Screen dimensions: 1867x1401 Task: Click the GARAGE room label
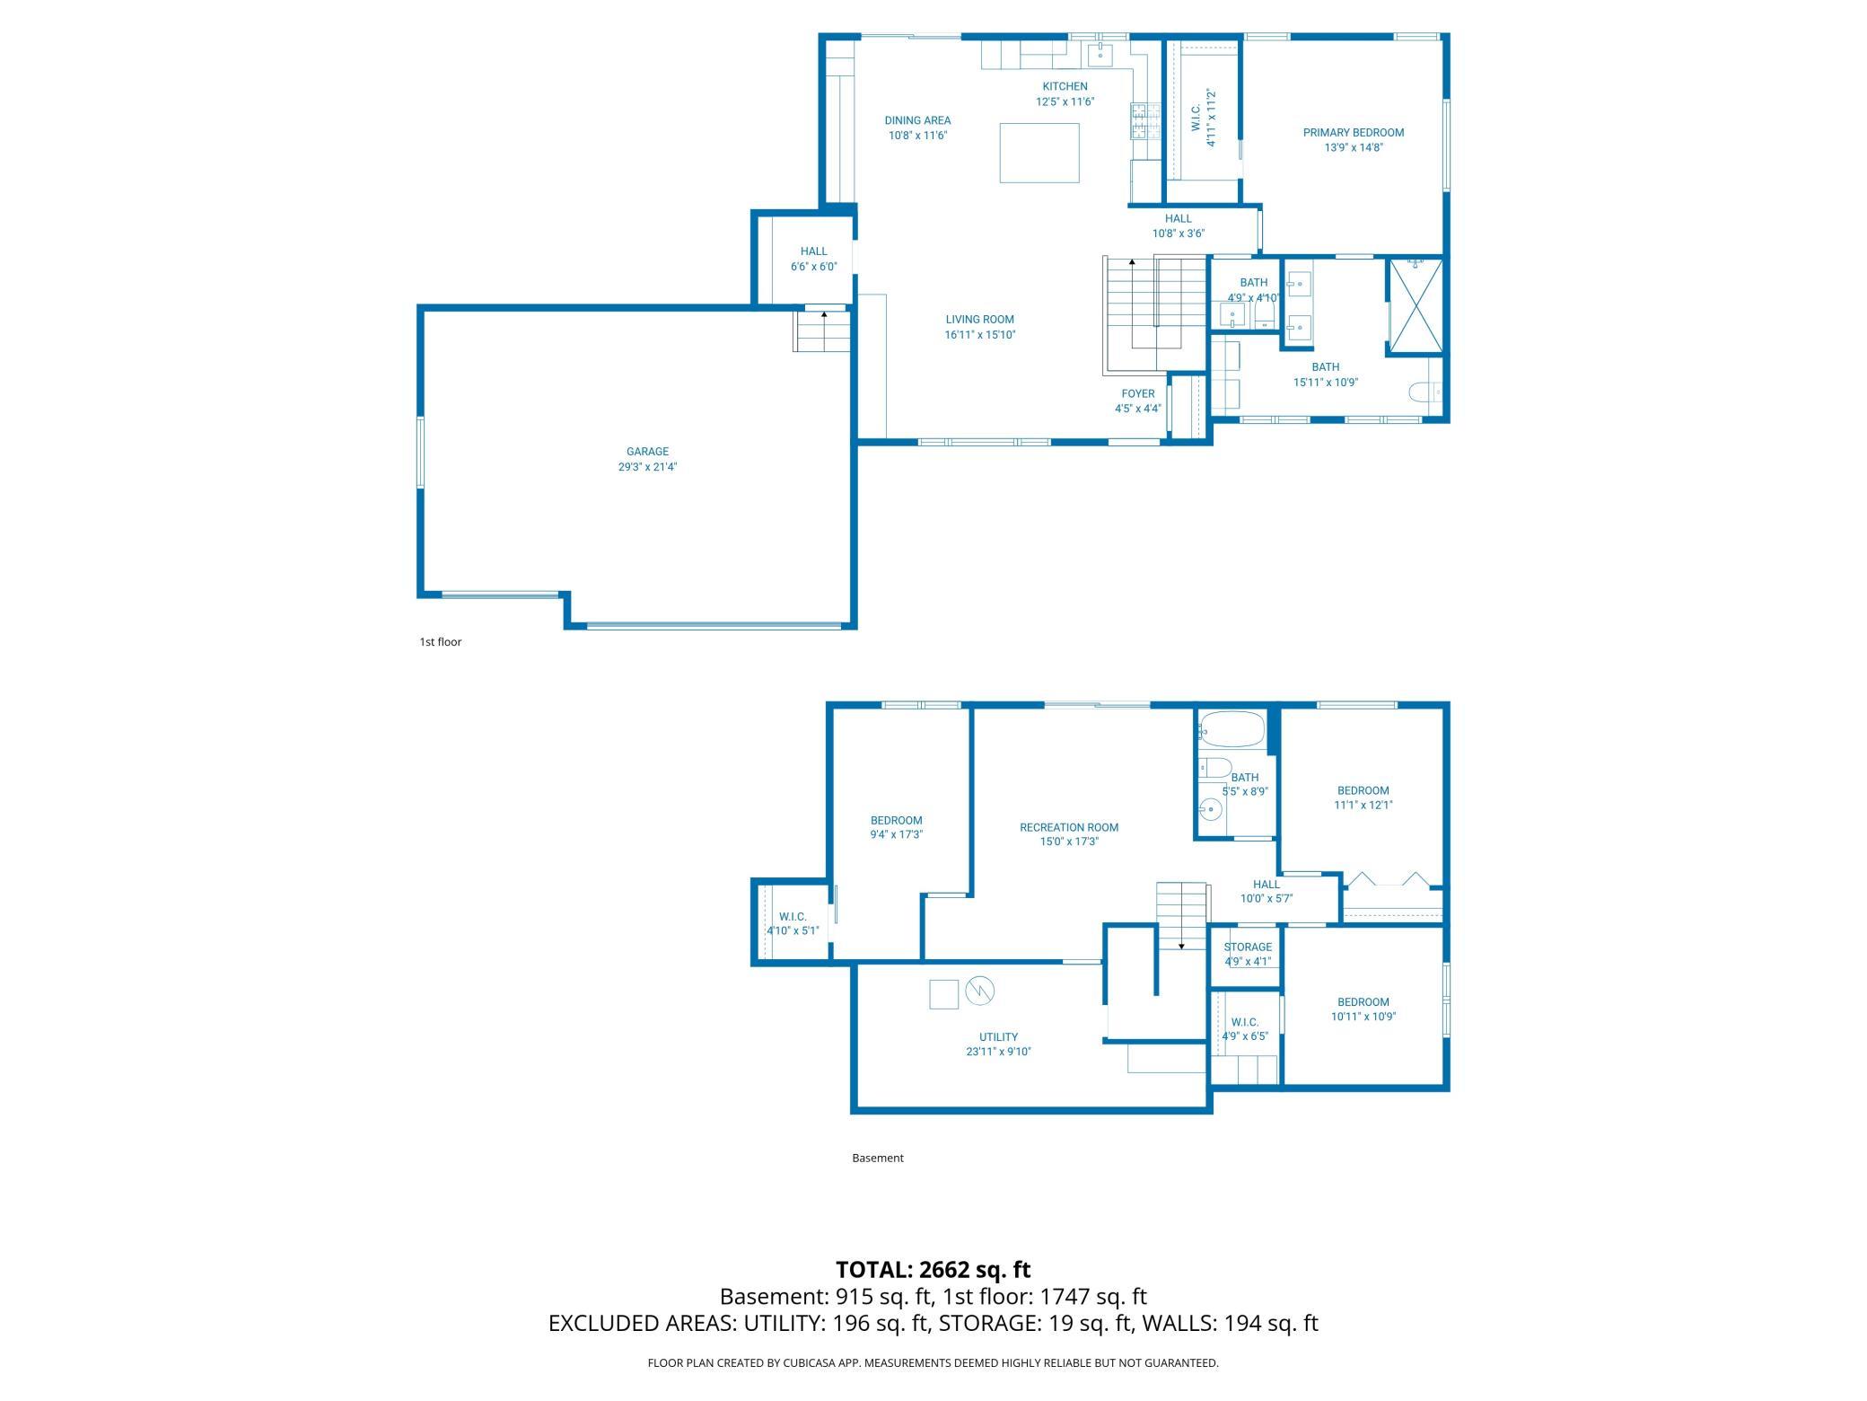647,452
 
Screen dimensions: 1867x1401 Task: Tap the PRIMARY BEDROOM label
1354,133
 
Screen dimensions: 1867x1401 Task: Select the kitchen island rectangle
1039,153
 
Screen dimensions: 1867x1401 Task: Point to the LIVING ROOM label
979,320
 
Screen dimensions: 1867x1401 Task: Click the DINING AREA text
917,120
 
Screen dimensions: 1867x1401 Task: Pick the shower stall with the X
1416,306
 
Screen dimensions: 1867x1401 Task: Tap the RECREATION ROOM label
1069,828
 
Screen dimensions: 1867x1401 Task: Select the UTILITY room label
998,1037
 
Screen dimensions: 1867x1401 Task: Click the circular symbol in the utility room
980,991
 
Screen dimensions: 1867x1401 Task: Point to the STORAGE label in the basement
1248,947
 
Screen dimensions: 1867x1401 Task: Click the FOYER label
1138,393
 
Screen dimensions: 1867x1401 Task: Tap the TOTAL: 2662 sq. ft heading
933,1270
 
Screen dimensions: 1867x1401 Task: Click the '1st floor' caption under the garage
441,642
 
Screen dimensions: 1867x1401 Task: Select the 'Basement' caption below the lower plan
878,1158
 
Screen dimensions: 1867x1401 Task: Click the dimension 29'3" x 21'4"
647,467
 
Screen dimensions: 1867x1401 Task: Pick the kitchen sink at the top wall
1100,54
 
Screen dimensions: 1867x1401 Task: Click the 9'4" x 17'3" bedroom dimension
896,834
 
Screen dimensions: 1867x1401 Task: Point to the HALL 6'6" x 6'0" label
813,259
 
